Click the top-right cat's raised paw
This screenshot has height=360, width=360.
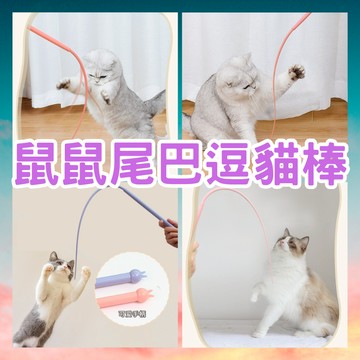[x=296, y=73]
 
